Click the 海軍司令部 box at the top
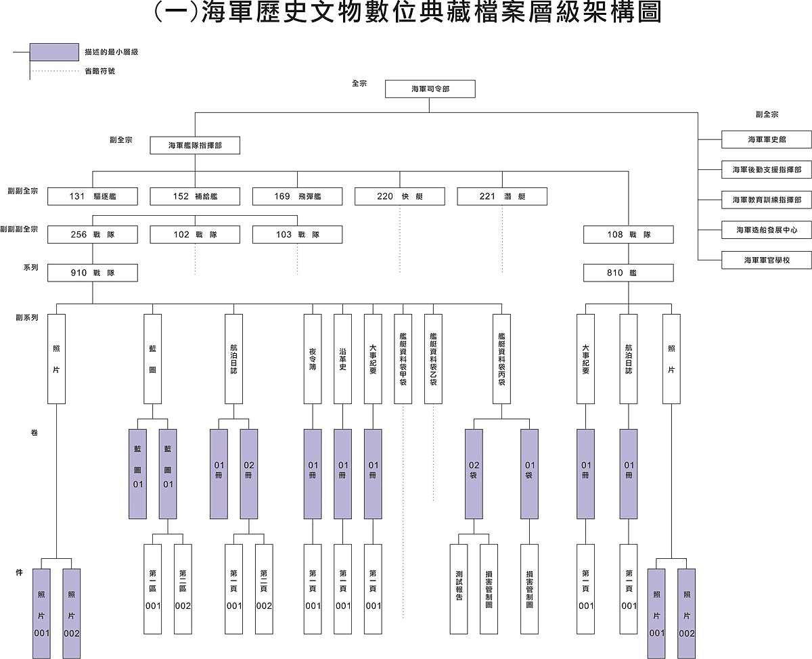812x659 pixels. pos(430,89)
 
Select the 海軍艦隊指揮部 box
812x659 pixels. pos(195,145)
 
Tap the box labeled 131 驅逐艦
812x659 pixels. pos(93,196)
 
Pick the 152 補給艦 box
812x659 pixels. pos(195,196)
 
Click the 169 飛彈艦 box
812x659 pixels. pos(297,196)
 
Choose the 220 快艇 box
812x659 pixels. pos(399,196)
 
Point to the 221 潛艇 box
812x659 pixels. pos(502,196)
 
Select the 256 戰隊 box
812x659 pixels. pos(93,234)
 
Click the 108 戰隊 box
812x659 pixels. pos(628,234)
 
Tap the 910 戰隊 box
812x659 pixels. pos(93,273)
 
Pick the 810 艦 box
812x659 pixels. pos(628,273)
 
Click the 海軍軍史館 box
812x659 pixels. pos(767,139)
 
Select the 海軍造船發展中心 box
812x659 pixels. pos(767,230)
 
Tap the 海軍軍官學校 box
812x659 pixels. pos(767,260)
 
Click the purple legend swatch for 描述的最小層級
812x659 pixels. pos(55,52)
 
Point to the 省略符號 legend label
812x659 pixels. pos(100,71)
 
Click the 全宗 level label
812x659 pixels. pos(359,83)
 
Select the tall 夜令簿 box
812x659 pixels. pos(313,359)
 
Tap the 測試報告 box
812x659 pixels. pos(459,589)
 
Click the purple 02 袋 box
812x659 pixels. pos(474,474)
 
